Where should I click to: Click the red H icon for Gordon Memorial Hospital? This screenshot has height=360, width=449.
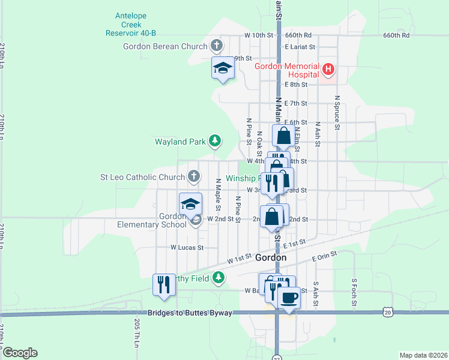[x=328, y=70]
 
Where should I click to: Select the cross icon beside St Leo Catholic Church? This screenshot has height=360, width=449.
[x=193, y=176]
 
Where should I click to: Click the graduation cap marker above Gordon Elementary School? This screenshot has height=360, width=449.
[x=191, y=204]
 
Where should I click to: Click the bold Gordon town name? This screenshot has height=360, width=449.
[x=271, y=257]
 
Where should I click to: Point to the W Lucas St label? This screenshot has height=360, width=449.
[x=187, y=247]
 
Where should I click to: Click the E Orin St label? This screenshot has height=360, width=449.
[x=326, y=259]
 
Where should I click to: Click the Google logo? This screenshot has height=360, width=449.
[x=20, y=353]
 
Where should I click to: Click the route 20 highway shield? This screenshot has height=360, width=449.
[x=387, y=312]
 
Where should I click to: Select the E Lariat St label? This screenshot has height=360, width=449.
[x=302, y=46]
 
